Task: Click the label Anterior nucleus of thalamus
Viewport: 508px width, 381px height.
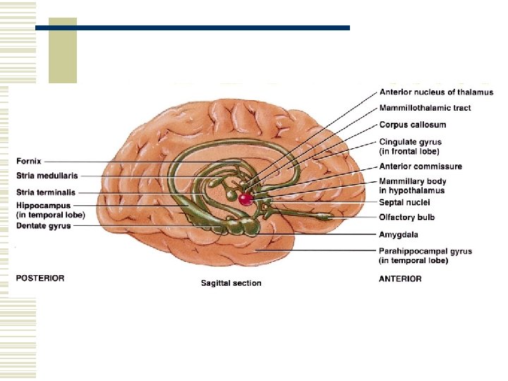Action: click(436, 92)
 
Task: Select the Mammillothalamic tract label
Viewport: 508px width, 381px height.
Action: click(425, 108)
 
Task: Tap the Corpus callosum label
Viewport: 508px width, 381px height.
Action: click(413, 125)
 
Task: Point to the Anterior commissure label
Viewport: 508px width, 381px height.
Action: click(421, 167)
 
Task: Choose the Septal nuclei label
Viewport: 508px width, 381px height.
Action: click(409, 202)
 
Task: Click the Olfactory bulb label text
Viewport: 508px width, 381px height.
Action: click(411, 217)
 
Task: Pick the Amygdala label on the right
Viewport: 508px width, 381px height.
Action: click(399, 234)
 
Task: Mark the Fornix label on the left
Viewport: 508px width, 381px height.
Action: click(29, 162)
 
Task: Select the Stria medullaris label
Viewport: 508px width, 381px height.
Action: click(47, 176)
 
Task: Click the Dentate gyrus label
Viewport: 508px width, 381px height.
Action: click(43, 226)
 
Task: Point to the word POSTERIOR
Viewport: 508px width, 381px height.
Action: click(40, 278)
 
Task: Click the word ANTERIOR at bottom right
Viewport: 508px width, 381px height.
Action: click(401, 279)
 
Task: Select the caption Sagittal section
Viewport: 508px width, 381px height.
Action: click(231, 283)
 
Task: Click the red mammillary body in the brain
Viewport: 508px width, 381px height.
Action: click(246, 199)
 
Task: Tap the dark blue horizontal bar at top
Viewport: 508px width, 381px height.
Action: click(192, 28)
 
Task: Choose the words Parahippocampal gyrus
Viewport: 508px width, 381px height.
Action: click(425, 251)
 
